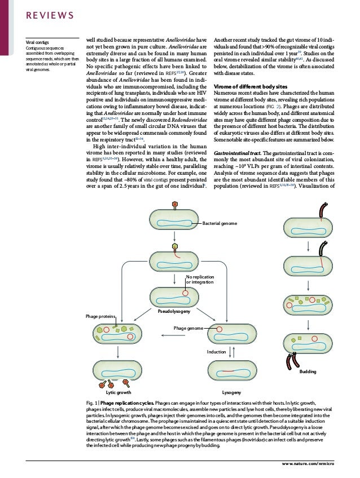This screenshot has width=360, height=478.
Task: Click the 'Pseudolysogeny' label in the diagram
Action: pos(174,311)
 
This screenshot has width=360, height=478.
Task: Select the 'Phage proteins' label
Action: pos(102,317)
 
